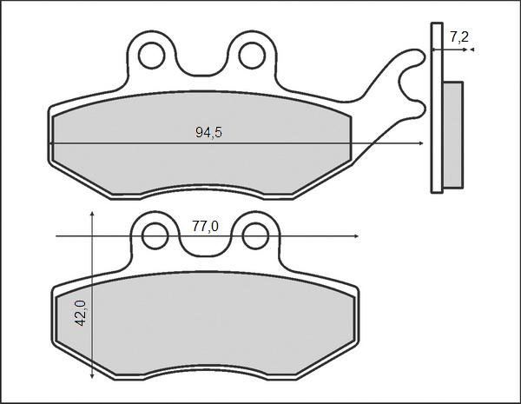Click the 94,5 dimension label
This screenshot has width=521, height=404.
click(208, 132)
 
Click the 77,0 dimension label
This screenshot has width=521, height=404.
click(205, 227)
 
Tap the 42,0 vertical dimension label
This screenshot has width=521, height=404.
click(80, 313)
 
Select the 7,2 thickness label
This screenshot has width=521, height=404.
click(459, 37)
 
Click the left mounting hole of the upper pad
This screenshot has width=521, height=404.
click(151, 56)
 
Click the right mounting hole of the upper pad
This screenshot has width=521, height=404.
click(252, 56)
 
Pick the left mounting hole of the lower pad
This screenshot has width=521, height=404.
click(155, 236)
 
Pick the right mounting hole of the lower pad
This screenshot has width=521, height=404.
click(255, 236)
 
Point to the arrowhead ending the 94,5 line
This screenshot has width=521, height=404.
click(421, 143)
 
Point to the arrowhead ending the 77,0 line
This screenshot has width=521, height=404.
click(356, 236)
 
